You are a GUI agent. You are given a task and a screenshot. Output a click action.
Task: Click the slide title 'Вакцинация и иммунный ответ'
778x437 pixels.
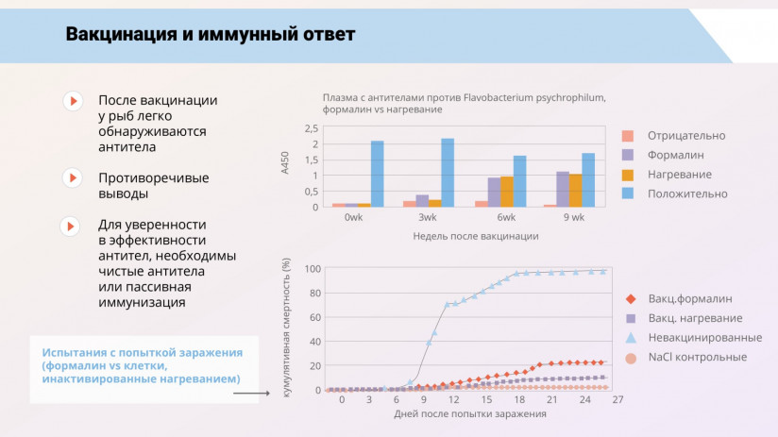coord(210,35)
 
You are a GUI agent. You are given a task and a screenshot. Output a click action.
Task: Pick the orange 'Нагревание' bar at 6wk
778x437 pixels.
coord(507,192)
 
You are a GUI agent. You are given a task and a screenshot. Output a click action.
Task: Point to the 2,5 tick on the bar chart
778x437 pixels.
coord(312,128)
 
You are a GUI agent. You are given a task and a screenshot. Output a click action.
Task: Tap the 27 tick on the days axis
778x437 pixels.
coord(617,400)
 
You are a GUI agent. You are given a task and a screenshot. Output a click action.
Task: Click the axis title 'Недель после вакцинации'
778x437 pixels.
coord(475,236)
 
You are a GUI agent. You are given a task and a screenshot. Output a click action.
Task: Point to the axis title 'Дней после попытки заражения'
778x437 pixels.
coord(469,413)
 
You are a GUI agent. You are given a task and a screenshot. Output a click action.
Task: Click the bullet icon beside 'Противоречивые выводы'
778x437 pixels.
coord(71,177)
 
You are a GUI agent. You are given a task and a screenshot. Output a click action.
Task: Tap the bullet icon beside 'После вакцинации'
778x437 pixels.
coord(71,100)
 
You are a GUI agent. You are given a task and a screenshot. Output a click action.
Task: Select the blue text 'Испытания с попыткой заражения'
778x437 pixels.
coord(134,352)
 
